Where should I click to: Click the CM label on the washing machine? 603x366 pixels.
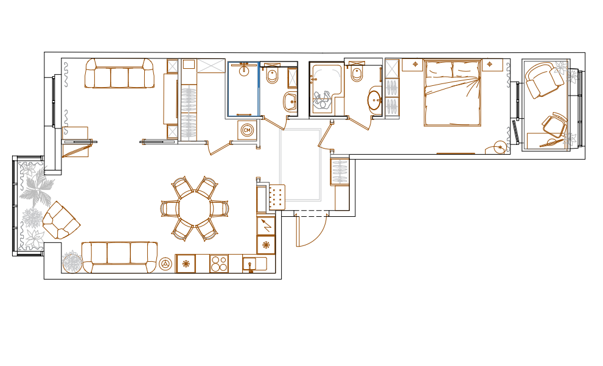click(247, 130)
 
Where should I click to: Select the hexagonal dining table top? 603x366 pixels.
click(195, 209)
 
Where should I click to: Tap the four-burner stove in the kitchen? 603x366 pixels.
click(219, 264)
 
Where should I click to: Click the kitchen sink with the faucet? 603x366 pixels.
click(254, 264)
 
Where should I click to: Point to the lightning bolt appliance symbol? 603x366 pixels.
click(266, 225)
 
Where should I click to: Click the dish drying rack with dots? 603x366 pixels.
click(277, 197)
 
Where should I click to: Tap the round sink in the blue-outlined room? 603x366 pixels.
click(243, 71)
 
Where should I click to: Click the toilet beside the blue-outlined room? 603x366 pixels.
click(272, 76)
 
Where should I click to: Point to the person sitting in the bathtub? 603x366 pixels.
click(322, 100)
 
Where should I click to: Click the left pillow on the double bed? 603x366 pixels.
click(438, 69)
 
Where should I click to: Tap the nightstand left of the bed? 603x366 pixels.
click(413, 65)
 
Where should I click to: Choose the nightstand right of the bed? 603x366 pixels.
click(493, 65)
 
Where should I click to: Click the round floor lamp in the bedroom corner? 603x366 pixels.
click(500, 147)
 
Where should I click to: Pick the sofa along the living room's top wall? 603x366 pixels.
click(119, 73)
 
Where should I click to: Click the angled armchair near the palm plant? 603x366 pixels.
click(61, 220)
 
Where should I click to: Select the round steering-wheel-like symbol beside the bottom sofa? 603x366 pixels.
click(166, 264)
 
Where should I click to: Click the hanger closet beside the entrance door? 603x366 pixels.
click(340, 172)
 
